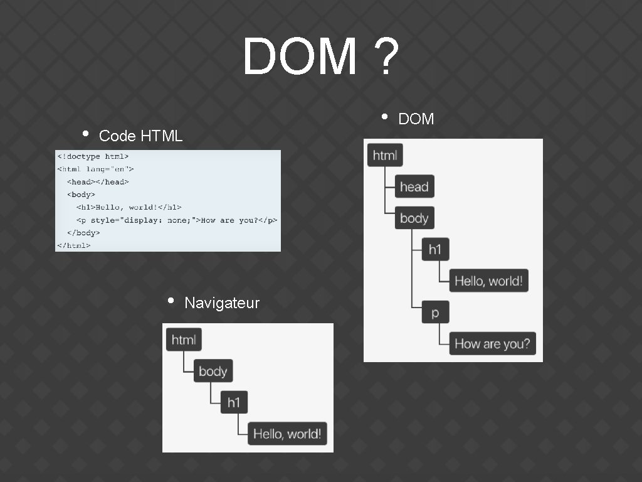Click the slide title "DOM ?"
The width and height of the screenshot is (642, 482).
click(320, 56)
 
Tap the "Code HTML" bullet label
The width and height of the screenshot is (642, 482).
click(140, 136)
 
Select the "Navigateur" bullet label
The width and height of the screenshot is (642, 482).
click(222, 303)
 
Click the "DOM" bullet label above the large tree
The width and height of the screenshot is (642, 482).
click(416, 119)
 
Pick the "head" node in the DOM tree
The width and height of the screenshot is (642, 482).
click(414, 186)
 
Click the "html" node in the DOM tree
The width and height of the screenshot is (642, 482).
click(385, 155)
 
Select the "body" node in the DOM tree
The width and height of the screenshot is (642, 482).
click(414, 218)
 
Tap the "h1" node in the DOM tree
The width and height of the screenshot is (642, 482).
click(435, 250)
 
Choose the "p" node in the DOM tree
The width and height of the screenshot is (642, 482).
click(435, 313)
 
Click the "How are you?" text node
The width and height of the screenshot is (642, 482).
click(492, 343)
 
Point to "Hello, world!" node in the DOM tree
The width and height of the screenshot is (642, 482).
click(488, 281)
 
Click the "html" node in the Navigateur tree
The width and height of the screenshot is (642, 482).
click(184, 340)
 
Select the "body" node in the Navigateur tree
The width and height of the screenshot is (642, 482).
click(213, 371)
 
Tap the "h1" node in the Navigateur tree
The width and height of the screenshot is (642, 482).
click(234, 402)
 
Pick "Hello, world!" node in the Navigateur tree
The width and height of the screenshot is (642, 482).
click(287, 434)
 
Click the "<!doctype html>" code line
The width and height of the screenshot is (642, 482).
click(93, 156)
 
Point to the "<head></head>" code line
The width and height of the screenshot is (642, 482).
click(98, 181)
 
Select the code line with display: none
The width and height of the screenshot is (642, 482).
click(176, 220)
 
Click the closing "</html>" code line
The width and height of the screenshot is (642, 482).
click(74, 245)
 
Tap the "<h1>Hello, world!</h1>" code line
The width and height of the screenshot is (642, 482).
click(129, 207)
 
